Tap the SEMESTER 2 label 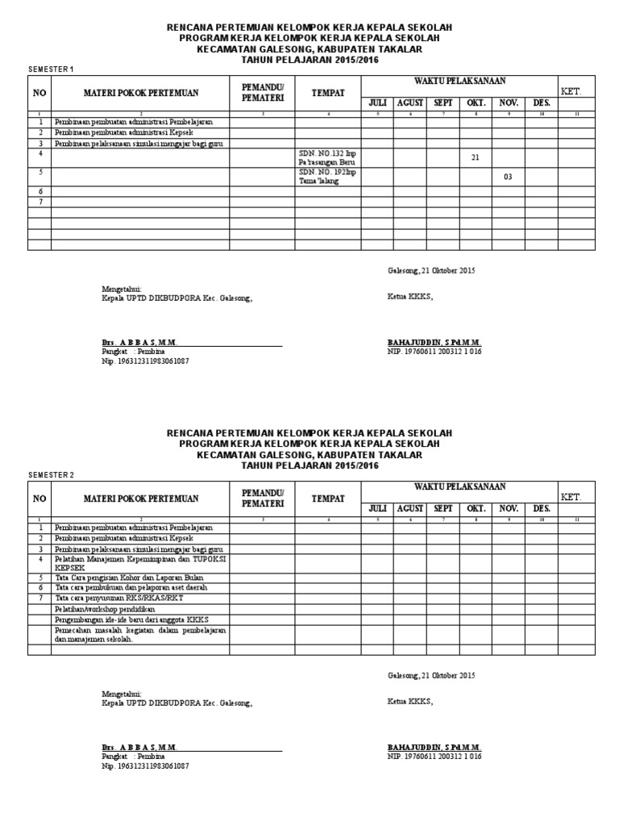click(x=50, y=474)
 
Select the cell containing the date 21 click(x=475, y=158)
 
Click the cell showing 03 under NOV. click(x=508, y=177)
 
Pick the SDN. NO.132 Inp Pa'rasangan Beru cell click(x=327, y=157)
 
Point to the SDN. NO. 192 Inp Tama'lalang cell click(x=327, y=177)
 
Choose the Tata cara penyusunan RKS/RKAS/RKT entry click(x=118, y=599)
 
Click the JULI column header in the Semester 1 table click(x=377, y=103)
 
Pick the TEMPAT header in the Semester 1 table click(x=328, y=94)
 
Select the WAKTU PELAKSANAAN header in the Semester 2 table click(x=459, y=486)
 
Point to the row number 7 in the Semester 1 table click(x=39, y=201)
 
